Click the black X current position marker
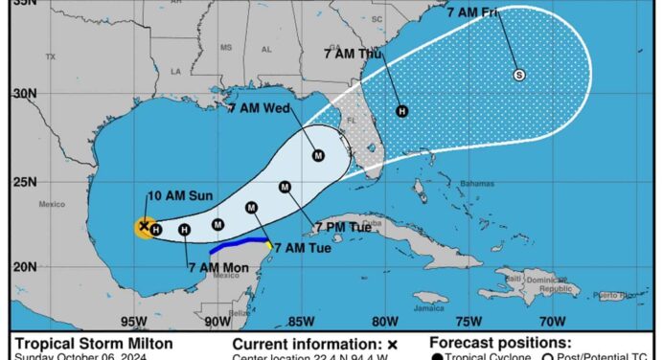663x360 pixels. click(x=144, y=226)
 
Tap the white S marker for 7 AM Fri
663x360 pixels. click(x=519, y=75)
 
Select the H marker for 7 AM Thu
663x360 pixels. click(x=401, y=111)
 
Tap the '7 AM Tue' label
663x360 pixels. click(x=303, y=248)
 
